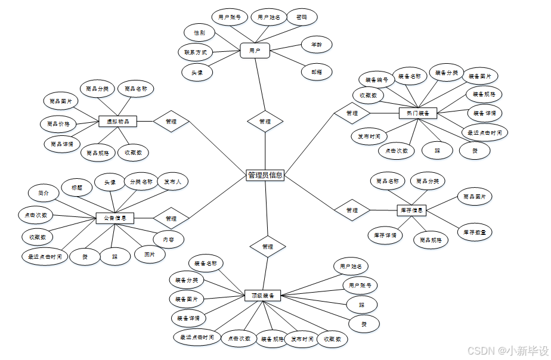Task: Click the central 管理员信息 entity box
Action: click(265, 175)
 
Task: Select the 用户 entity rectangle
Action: click(255, 51)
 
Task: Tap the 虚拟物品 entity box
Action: click(117, 121)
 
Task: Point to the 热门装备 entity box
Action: click(418, 113)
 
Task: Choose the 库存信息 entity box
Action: click(411, 210)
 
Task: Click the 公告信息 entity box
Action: click(115, 218)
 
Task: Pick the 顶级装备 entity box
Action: click(262, 295)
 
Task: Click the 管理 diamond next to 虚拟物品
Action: click(171, 121)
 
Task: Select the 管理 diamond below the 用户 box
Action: click(265, 121)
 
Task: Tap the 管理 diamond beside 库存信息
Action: click(352, 210)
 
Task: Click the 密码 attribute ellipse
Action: click(302, 17)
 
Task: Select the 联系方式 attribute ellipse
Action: click(196, 52)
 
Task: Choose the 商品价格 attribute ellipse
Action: click(58, 124)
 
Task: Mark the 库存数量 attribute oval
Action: click(475, 232)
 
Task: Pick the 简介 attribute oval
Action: click(44, 193)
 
